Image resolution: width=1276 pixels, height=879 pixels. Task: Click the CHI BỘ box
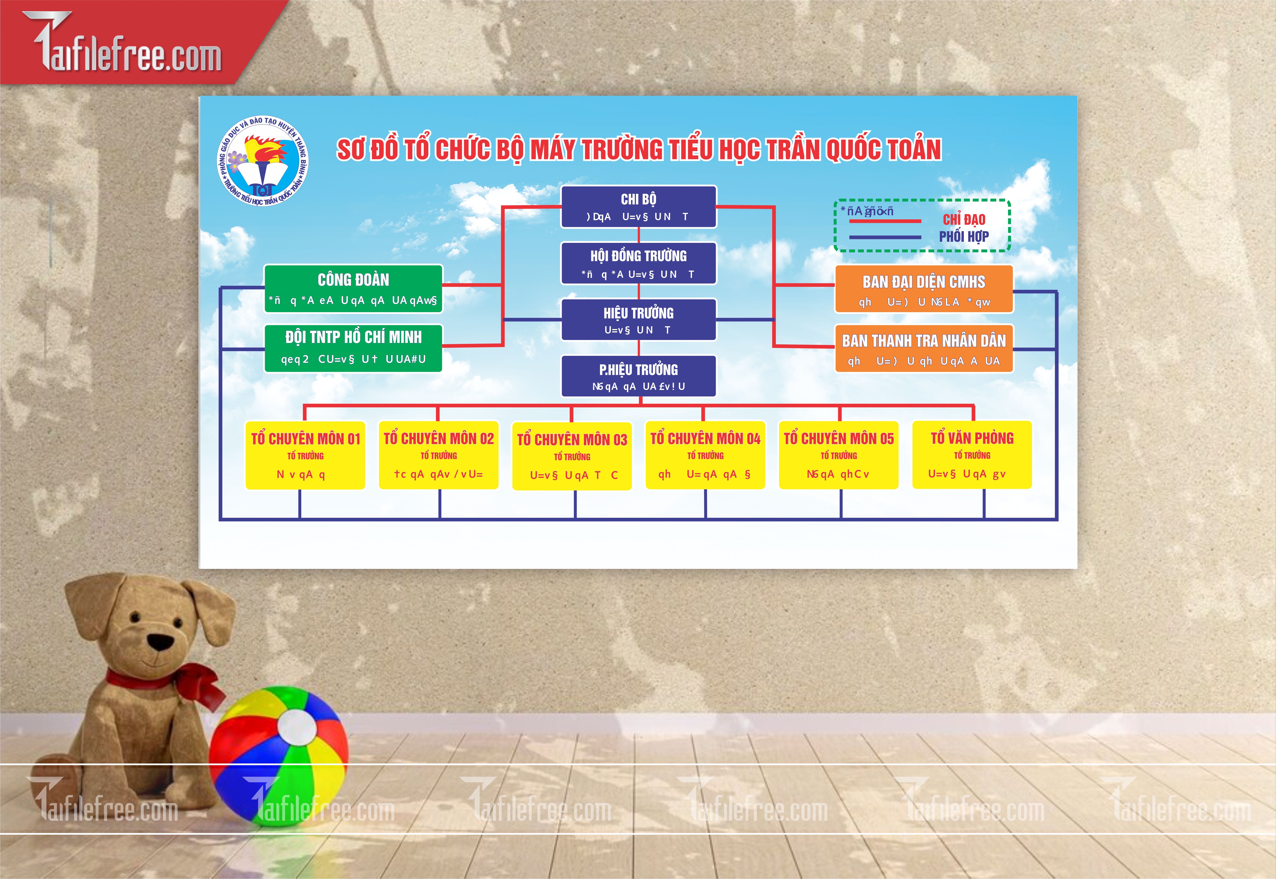[638, 206]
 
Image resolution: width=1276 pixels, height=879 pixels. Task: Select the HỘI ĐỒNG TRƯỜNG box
[638, 263]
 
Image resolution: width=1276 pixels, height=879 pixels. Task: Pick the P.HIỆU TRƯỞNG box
[638, 376]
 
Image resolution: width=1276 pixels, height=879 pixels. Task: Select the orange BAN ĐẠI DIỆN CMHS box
[924, 289]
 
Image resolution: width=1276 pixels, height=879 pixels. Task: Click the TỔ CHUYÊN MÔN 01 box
[305, 455]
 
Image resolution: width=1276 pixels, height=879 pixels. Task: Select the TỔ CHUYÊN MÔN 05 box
[838, 455]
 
